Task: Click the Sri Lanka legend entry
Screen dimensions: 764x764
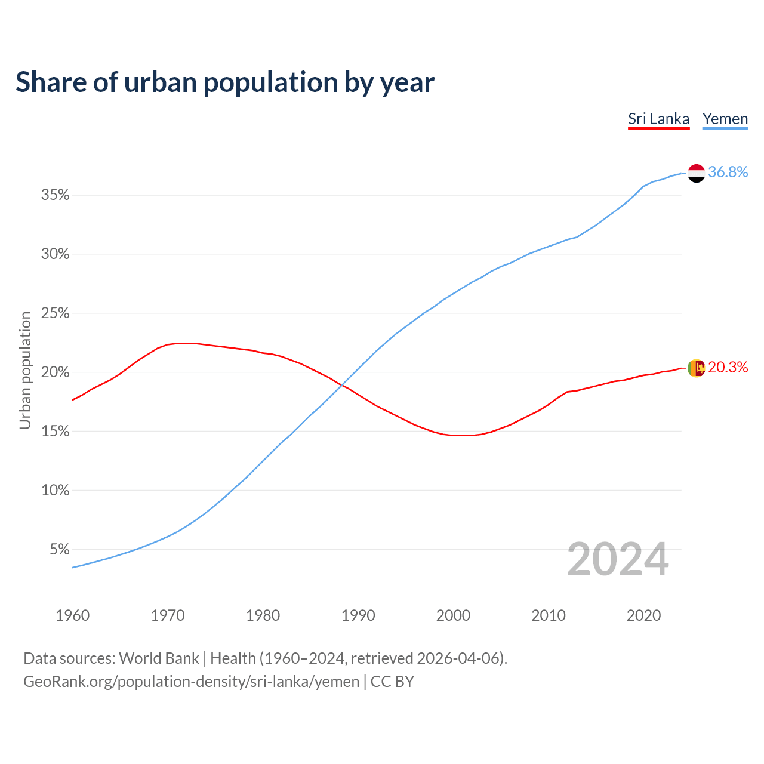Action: point(658,119)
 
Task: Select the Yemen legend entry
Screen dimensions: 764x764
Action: point(725,119)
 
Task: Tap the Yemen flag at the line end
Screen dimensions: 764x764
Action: point(696,173)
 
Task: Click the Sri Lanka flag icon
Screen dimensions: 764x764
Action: point(696,368)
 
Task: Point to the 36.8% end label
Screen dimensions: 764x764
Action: point(728,172)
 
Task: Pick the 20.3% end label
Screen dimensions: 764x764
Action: point(728,367)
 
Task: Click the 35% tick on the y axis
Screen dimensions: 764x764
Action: point(56,195)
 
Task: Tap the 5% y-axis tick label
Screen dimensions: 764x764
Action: point(60,549)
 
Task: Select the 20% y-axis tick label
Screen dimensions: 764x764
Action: point(56,372)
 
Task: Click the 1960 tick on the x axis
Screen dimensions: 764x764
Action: point(72,615)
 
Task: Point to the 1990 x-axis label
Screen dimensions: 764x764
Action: point(358,615)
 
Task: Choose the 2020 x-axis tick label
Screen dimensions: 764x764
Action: point(643,615)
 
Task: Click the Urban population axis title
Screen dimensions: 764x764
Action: point(25,370)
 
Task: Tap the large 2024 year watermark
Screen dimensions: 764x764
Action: point(618,559)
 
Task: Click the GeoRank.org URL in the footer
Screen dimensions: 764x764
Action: point(191,682)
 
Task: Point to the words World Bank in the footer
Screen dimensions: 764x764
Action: point(159,658)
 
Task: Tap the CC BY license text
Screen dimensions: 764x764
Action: point(392,682)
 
